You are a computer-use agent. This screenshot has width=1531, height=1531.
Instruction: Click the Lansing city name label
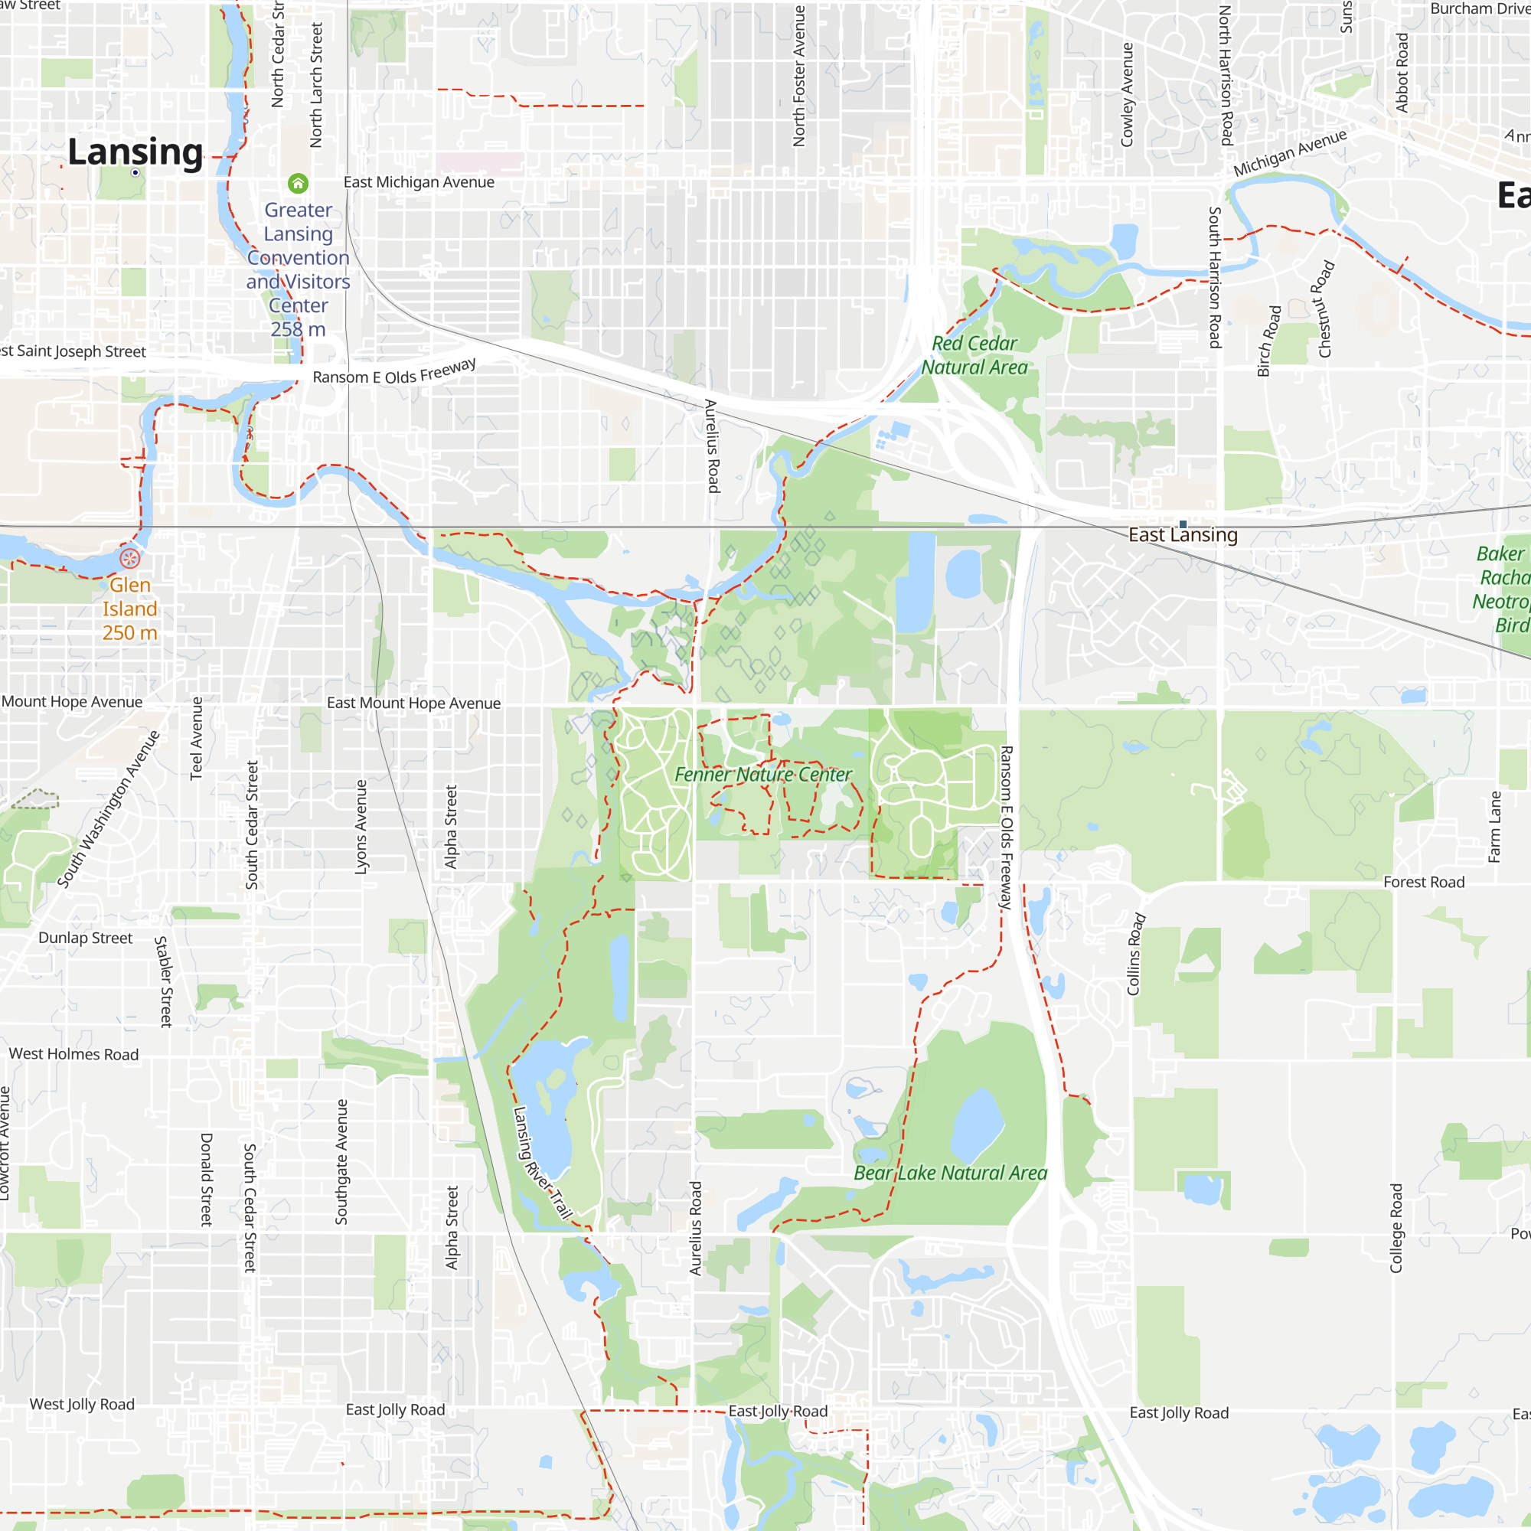pos(135,152)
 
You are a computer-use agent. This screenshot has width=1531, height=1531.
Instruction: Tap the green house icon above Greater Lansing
pos(298,184)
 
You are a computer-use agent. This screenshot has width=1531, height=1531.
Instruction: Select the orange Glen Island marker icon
pos(130,558)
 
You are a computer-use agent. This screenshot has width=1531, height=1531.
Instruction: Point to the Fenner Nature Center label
pos(763,774)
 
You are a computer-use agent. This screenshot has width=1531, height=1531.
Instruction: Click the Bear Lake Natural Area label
pos(950,1173)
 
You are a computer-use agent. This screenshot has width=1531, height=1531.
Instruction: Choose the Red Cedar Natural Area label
pos(974,355)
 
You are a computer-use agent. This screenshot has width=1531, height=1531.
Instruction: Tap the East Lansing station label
pos(1183,535)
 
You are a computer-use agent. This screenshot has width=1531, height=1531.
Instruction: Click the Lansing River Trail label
pos(543,1163)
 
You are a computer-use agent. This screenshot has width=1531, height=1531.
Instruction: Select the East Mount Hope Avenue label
pos(413,703)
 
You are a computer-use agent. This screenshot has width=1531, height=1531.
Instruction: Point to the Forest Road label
pos(1424,882)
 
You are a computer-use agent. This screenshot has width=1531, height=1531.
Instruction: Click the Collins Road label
pos(1135,954)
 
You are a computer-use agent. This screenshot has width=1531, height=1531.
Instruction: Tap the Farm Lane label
pos(1494,827)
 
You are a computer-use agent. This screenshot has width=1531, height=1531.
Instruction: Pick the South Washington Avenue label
pos(109,808)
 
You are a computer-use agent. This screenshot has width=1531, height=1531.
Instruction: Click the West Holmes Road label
pos(73,1054)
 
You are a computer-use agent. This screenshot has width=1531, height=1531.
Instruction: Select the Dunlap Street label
pos(86,939)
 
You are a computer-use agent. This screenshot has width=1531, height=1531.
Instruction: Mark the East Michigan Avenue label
pos(419,182)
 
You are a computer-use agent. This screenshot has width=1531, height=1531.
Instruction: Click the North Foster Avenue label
pos(798,76)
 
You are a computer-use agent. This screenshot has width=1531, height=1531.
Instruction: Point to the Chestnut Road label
pos(1326,309)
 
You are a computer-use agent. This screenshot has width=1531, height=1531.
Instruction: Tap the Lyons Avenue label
pos(361,827)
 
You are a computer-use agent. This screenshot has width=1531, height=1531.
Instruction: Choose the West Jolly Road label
pos(82,1404)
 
